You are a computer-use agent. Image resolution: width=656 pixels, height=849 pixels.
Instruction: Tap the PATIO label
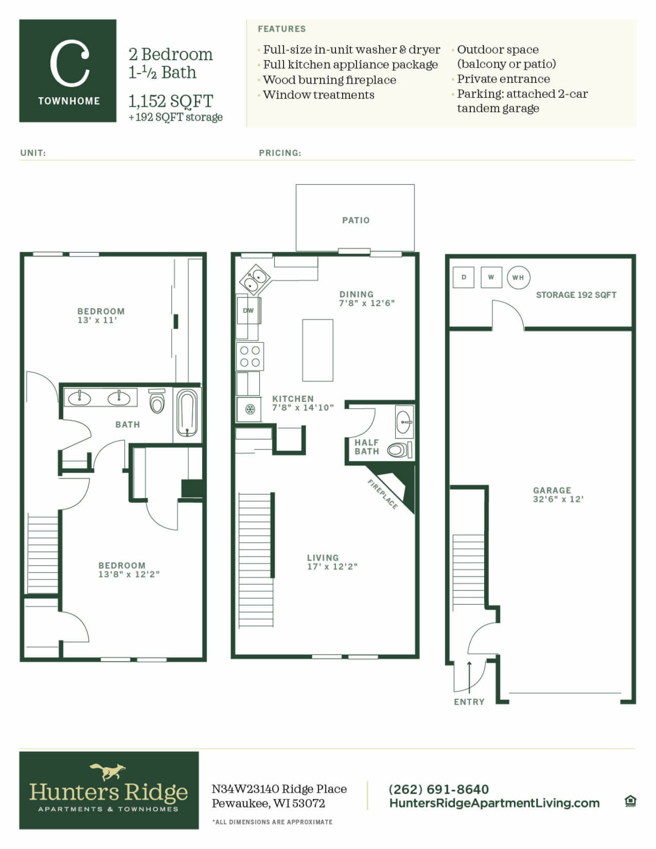355,220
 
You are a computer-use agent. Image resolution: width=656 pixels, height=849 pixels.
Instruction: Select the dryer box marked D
464,277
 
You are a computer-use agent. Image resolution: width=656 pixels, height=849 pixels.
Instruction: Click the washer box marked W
491,277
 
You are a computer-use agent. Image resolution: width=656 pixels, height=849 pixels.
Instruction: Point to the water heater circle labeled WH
518,277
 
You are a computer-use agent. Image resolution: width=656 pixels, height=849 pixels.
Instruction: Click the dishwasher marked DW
248,310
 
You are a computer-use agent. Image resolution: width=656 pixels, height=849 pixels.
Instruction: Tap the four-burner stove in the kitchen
250,356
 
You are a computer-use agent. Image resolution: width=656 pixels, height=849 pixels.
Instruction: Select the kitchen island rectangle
318,350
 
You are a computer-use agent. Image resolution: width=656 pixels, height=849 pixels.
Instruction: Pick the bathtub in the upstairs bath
187,413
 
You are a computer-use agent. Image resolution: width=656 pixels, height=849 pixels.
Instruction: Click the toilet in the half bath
398,450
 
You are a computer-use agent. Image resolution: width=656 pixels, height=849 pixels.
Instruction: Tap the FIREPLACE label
382,494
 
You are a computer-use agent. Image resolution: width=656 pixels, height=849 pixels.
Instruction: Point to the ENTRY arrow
469,676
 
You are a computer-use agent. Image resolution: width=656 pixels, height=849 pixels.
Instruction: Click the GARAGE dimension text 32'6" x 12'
558,499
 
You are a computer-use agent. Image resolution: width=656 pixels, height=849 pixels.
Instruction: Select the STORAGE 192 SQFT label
576,295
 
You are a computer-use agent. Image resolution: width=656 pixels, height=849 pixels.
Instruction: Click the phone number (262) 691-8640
438,789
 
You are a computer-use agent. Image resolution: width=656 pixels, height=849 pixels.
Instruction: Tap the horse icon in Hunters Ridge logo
108,771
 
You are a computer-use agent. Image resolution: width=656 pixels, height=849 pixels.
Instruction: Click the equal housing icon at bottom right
630,801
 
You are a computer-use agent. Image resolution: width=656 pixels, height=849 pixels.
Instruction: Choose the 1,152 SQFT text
170,101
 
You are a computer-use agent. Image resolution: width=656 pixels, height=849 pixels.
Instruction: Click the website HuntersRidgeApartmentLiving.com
494,803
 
